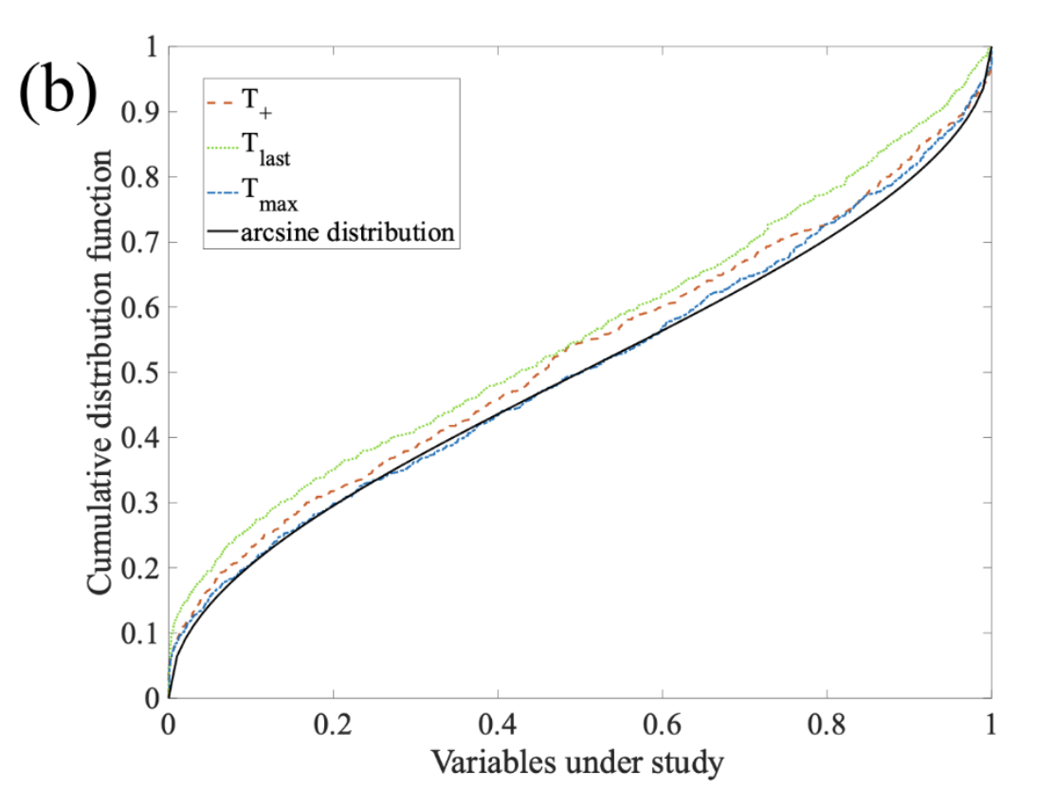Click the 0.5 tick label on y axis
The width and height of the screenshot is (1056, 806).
pyautogui.click(x=140, y=373)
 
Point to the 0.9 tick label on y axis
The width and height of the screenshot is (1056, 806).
pyautogui.click(x=140, y=112)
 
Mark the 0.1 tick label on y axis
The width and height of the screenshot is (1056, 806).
pyautogui.click(x=140, y=633)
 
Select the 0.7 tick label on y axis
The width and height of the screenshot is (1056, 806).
pyautogui.click(x=140, y=243)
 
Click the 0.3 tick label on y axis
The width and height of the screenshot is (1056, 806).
pyautogui.click(x=140, y=504)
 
